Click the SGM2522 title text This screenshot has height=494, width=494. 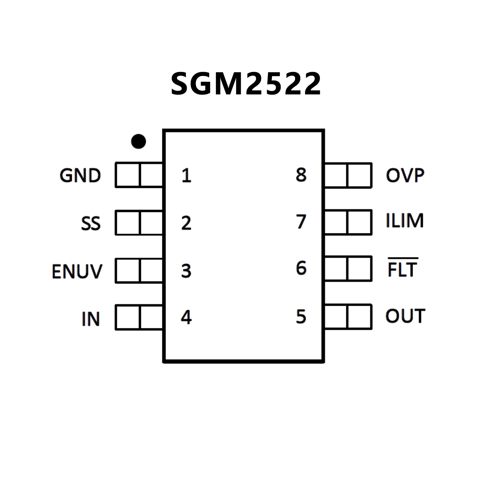[x=246, y=84]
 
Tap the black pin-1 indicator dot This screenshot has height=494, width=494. [x=139, y=141]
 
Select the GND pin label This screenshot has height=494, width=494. [x=80, y=176]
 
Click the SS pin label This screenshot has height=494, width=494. [x=91, y=223]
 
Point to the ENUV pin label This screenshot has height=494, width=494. [x=77, y=271]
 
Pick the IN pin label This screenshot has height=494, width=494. [x=91, y=319]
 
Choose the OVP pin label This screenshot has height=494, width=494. [x=405, y=175]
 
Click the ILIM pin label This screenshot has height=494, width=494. [x=405, y=221]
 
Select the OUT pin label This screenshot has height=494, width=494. [x=405, y=316]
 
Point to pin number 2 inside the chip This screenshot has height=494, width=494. [x=186, y=223]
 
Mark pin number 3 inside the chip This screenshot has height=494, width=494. [x=186, y=271]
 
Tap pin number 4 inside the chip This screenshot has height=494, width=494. [x=186, y=317]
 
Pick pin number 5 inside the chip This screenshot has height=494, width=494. [x=301, y=316]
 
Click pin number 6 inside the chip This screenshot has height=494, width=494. [x=301, y=268]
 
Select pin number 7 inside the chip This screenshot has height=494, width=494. [x=301, y=221]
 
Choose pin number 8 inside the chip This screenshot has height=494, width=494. [x=301, y=175]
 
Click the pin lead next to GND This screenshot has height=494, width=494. [x=139, y=175]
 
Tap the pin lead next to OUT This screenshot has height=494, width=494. [x=348, y=317]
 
